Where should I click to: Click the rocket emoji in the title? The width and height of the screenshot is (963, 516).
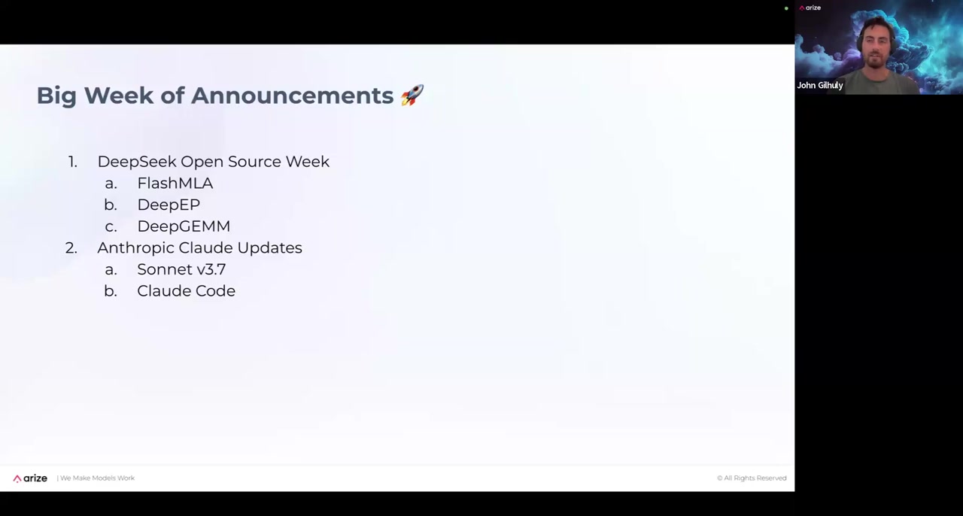tap(412, 95)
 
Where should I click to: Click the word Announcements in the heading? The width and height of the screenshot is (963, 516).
tap(293, 96)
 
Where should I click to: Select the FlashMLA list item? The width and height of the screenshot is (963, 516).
tap(175, 184)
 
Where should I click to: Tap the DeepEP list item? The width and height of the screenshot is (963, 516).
tap(169, 205)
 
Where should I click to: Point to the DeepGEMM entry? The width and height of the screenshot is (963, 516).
tap(184, 226)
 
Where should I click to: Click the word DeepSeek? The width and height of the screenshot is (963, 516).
tap(137, 162)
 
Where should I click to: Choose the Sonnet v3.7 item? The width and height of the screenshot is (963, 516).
tap(181, 269)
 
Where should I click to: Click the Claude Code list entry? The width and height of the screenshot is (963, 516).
tap(186, 291)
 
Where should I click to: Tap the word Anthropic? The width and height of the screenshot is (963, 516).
tap(136, 248)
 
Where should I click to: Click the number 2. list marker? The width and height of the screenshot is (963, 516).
tap(71, 248)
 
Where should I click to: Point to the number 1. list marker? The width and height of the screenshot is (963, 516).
tap(73, 162)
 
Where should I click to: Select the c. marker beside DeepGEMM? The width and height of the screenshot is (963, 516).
tap(111, 226)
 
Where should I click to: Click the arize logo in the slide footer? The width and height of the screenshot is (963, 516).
tap(30, 478)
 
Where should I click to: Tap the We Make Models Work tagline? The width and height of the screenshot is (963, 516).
tap(97, 478)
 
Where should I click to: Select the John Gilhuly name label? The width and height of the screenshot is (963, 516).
tap(820, 85)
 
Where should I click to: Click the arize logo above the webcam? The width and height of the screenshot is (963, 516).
tap(810, 8)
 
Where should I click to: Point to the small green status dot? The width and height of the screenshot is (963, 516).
tap(786, 8)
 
